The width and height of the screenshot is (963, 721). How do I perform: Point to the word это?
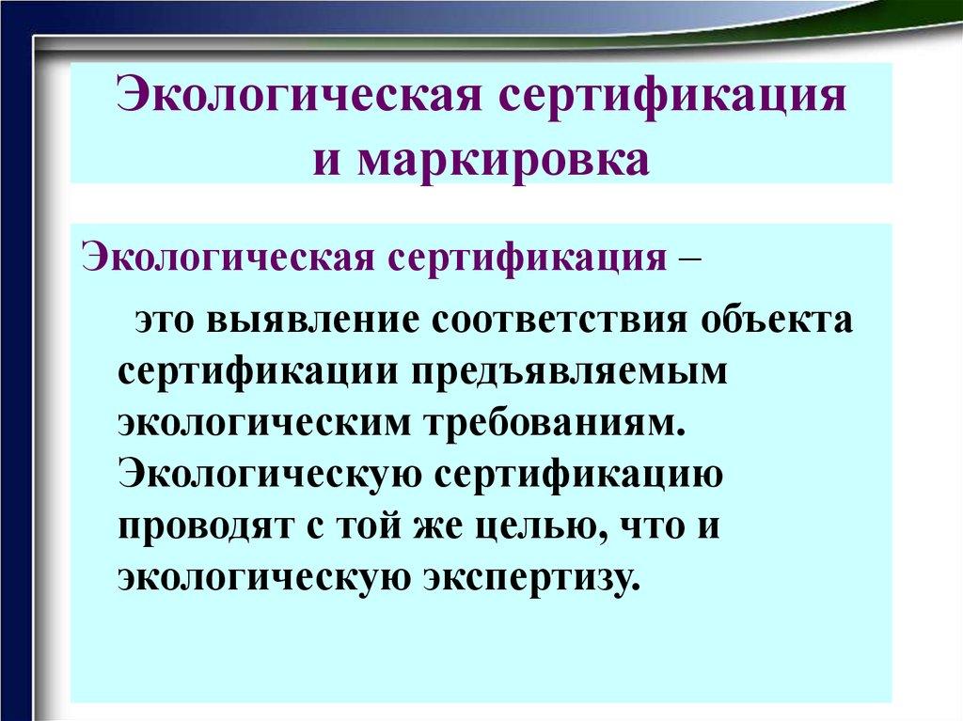pyautogui.click(x=167, y=320)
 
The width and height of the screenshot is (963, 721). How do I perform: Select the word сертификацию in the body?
pyautogui.click(x=578, y=474)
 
